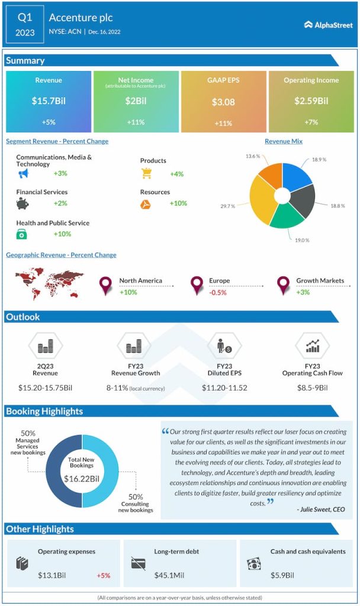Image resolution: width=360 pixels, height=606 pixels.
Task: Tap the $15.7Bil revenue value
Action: pos(49,101)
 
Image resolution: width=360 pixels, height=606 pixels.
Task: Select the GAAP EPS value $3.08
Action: pos(223,102)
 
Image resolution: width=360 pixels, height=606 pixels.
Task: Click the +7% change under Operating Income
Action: pos(311,122)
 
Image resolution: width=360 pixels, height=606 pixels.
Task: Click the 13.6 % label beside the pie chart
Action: pos(253,156)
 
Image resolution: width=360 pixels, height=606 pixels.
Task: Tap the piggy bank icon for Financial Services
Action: pos(23,204)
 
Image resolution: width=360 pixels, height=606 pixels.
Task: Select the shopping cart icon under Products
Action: pos(146,173)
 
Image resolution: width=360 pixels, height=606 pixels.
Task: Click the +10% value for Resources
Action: pos(178,203)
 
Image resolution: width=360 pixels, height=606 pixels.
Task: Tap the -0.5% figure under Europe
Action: pos(218,292)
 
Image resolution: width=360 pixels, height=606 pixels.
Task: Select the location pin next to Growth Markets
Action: pos(283,285)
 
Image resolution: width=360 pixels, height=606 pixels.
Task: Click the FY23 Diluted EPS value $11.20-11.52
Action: pos(224,388)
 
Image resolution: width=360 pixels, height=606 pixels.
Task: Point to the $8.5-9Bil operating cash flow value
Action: pos(312,388)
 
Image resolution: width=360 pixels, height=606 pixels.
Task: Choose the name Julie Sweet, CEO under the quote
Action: pos(320,508)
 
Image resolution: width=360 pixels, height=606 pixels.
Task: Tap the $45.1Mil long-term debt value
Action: pos(170,575)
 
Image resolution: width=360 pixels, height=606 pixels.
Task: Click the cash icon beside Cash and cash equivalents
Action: pos(254,563)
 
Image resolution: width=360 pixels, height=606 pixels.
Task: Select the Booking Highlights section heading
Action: pos(44,411)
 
